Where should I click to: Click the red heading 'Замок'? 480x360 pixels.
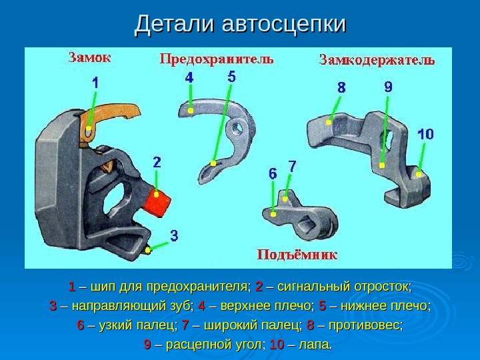click(x=89, y=57)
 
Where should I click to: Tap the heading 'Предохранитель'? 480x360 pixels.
click(x=216, y=59)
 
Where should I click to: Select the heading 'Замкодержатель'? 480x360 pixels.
click(x=377, y=60)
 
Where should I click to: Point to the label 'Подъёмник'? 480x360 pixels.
click(x=297, y=255)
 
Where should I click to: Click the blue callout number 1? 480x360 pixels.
click(x=95, y=84)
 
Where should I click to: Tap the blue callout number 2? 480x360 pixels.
click(x=157, y=162)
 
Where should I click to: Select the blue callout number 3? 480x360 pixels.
click(x=174, y=235)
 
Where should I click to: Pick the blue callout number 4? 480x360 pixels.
click(x=190, y=79)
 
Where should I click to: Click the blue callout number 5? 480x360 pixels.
click(x=231, y=76)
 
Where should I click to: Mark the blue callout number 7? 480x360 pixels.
click(x=291, y=164)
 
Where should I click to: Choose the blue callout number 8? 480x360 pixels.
click(x=341, y=87)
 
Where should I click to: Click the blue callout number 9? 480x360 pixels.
click(x=388, y=87)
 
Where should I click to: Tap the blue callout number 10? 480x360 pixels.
click(x=425, y=134)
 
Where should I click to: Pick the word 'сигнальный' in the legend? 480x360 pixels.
click(x=304, y=287)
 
